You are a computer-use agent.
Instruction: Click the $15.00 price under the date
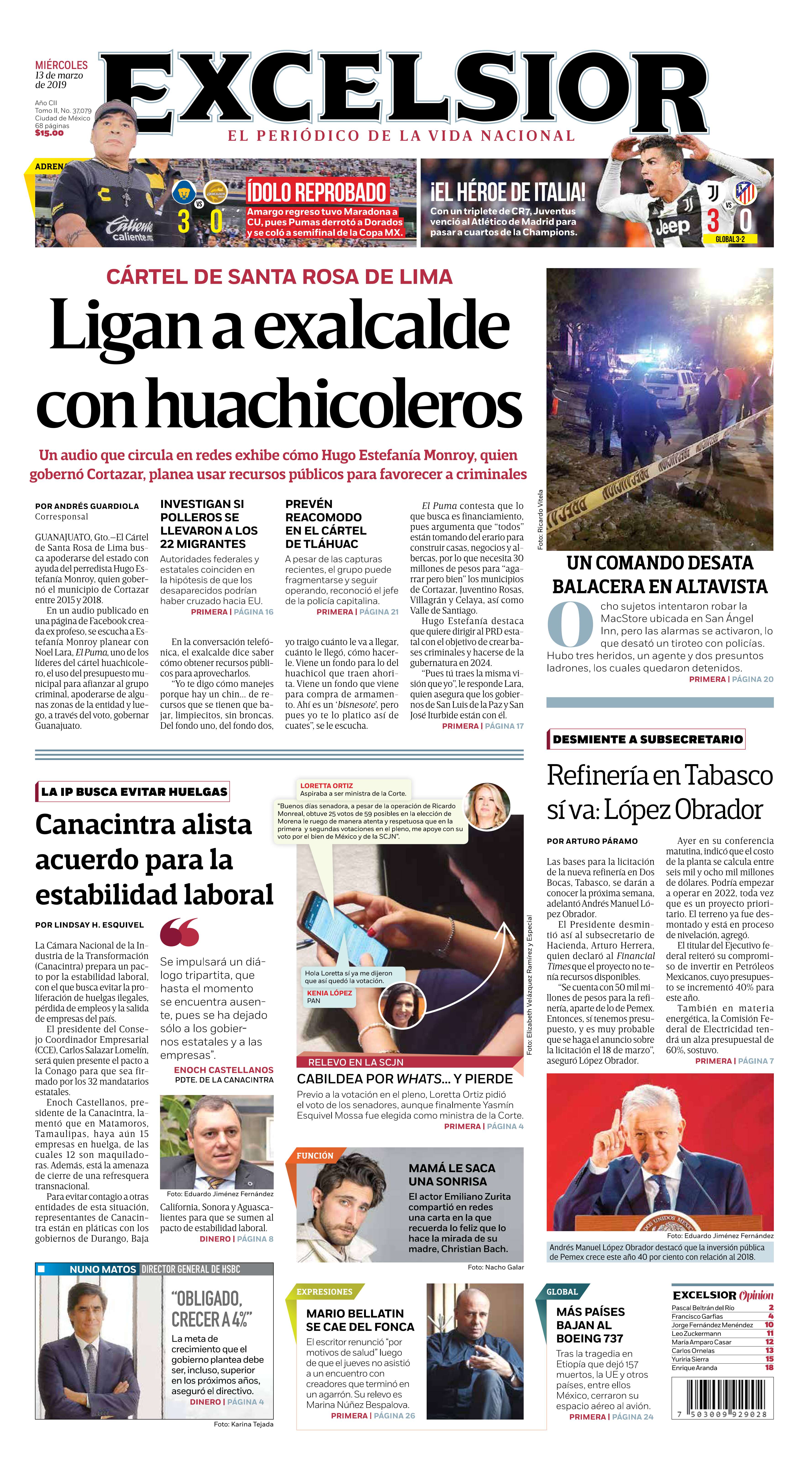click(x=49, y=133)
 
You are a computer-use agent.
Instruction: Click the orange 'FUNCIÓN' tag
click(x=315, y=1156)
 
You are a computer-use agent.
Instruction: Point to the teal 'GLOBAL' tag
click(x=562, y=1292)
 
